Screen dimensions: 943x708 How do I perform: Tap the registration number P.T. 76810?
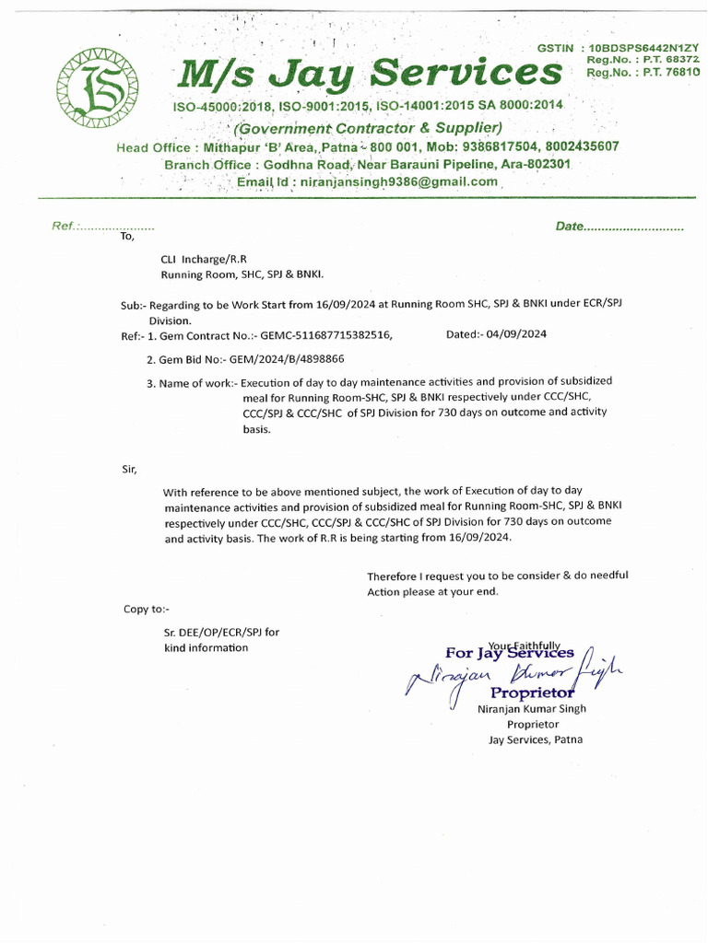pyautogui.click(x=668, y=71)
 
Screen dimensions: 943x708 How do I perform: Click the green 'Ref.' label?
pyautogui.click(x=66, y=227)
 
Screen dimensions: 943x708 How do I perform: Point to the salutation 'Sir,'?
pyautogui.click(x=129, y=470)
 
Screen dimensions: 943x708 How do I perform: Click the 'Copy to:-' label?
pyautogui.click(x=147, y=609)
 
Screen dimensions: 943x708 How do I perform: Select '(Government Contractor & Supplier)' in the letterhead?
pyautogui.click(x=369, y=128)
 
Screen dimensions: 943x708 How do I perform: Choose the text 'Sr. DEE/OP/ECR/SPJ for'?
pyautogui.click(x=220, y=632)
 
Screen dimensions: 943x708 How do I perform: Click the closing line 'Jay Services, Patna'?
pyautogui.click(x=536, y=739)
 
